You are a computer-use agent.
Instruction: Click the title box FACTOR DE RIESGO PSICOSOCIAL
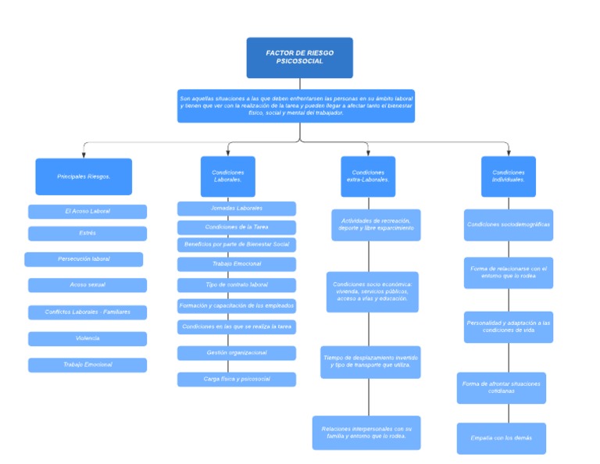point(299,58)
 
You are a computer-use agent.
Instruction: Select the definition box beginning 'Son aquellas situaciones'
point(296,105)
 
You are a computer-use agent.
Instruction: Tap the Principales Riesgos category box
point(84,177)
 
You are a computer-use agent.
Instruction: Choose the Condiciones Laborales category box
point(228,177)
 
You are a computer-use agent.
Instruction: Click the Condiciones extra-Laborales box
point(368,177)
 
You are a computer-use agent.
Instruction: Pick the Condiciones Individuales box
point(509,177)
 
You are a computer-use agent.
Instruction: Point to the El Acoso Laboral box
point(87,212)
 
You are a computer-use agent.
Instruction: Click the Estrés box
point(87,234)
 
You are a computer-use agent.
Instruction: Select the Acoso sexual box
point(87,285)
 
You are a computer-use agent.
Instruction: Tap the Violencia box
point(87,339)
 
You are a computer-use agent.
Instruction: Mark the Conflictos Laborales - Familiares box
point(87,312)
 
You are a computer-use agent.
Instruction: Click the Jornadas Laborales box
point(237,209)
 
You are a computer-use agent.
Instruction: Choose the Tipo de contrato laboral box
point(237,285)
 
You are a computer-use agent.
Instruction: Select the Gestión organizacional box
point(237,353)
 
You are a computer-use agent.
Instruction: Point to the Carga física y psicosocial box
point(237,380)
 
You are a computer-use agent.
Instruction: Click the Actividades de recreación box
point(376,225)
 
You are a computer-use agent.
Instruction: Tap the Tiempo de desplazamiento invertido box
point(370,362)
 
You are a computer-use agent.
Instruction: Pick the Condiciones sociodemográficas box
point(509,225)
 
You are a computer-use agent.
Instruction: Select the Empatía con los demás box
point(502,438)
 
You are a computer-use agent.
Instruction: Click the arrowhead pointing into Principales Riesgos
point(84,154)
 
